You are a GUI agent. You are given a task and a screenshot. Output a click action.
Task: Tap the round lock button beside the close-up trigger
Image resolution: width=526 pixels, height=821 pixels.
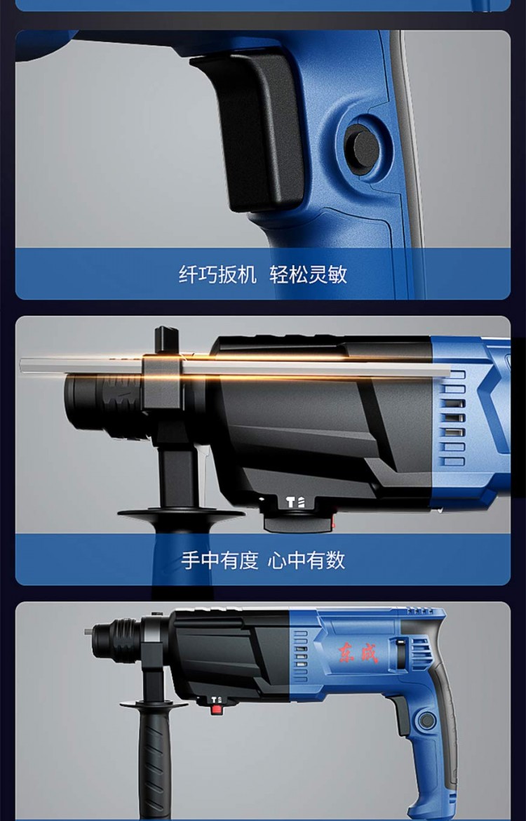pos(362,149)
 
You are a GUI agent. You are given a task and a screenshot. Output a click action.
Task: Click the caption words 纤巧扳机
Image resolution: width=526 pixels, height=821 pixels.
pos(217,274)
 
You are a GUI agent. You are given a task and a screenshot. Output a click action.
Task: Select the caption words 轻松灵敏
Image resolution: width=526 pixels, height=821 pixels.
pos(309,274)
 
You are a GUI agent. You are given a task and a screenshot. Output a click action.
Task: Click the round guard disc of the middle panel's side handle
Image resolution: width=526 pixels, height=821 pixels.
pos(180,514)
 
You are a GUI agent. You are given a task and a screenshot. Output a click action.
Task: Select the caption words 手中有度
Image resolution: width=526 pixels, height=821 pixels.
pos(220,560)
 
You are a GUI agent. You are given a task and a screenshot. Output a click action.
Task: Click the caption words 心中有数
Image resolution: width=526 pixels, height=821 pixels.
pos(306,560)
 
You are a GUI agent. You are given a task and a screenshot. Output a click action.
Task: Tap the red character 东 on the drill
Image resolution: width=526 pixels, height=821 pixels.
pos(347,653)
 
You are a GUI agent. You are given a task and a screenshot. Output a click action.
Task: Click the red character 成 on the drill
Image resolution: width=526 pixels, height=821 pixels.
pos(368,653)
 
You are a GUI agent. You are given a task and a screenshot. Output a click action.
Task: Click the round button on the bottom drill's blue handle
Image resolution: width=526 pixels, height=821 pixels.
pos(427,721)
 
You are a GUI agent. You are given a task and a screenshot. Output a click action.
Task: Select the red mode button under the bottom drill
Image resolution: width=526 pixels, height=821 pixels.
pos(216,709)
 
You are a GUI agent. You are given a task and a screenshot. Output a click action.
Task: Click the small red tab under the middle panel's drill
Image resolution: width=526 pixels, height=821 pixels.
pos(332,521)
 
